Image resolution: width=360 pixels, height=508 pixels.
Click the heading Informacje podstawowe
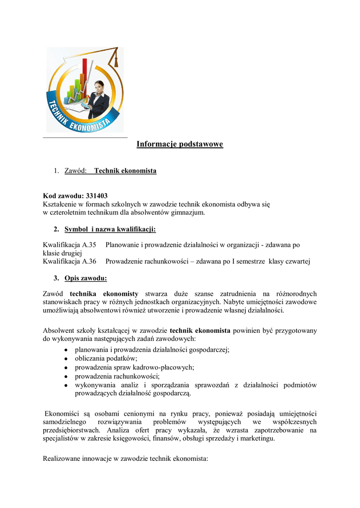[x=180, y=144]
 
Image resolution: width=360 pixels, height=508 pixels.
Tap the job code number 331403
[x=96, y=196]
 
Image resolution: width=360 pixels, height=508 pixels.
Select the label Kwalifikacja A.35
[x=69, y=245]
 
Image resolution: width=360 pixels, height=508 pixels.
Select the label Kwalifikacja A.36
[x=69, y=261]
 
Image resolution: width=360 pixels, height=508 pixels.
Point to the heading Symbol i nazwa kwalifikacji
[x=110, y=229]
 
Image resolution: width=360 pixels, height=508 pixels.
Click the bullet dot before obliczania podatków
[x=66, y=359]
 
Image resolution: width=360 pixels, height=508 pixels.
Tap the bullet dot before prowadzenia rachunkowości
[x=66, y=377]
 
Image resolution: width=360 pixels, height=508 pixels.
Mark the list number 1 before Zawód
[x=56, y=171]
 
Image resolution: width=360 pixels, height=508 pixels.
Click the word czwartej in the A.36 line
[x=297, y=261]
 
